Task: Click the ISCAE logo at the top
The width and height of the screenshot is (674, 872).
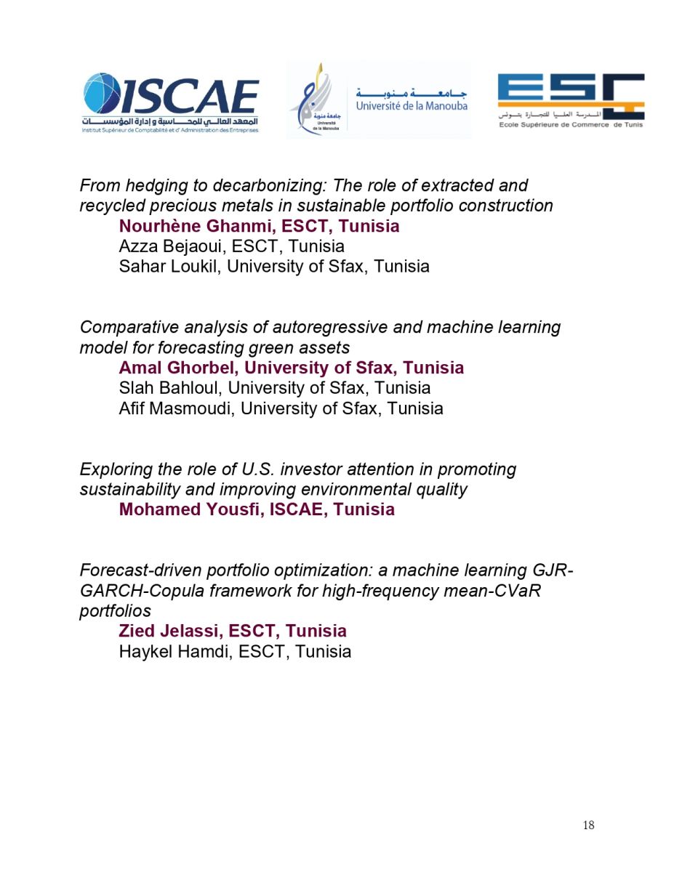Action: point(170,102)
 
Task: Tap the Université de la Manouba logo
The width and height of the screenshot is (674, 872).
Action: point(378,100)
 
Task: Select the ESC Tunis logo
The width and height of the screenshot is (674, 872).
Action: point(571,100)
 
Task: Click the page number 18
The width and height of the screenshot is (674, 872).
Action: point(588,825)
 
